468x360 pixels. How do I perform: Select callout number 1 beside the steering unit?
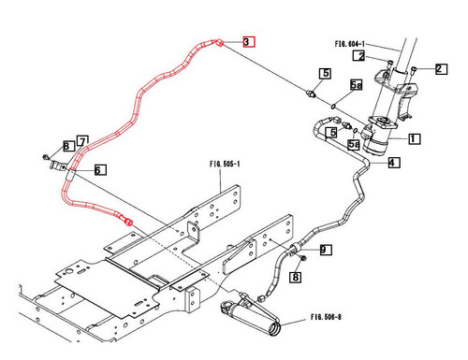tap(413, 138)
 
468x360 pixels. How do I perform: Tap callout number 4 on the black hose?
tap(393, 163)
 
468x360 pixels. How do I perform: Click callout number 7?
tap(81, 142)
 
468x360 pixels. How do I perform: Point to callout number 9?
tap(325, 250)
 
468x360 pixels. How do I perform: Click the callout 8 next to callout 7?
tap(67, 146)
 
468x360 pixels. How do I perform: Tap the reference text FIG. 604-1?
tap(353, 43)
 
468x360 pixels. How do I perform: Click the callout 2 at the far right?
tap(442, 68)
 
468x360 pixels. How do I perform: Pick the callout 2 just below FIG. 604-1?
tap(358, 56)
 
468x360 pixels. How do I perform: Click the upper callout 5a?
tap(356, 85)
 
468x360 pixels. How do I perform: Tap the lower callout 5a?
tap(354, 145)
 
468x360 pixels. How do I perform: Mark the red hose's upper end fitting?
tap(217, 42)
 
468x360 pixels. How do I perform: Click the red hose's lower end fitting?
tap(127, 221)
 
